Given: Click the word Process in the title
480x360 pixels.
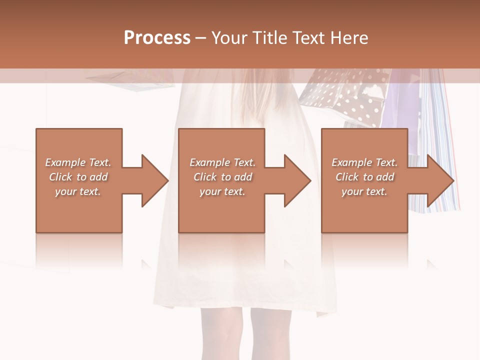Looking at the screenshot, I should click(157, 38).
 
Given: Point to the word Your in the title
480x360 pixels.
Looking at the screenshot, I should click(229, 38).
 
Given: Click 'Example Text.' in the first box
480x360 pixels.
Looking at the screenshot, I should click(78, 162).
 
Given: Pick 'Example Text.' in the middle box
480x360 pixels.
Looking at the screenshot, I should click(222, 162).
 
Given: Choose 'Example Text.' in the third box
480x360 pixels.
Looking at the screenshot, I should click(364, 162).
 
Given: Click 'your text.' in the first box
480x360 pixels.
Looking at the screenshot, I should click(78, 191).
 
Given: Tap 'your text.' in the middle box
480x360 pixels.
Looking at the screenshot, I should click(222, 191).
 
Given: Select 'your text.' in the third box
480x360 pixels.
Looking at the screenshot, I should click(364, 191).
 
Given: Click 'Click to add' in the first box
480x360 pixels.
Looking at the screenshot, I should click(78, 177).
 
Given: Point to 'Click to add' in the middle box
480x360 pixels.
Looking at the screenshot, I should click(222, 177).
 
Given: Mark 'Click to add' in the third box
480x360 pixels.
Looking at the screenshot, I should click(364, 177).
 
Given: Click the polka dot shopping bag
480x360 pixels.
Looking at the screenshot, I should click(350, 97).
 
